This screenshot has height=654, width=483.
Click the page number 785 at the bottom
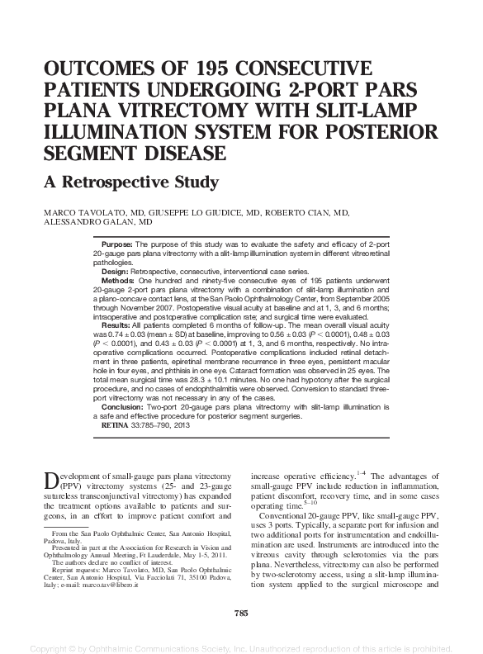point(241,612)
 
